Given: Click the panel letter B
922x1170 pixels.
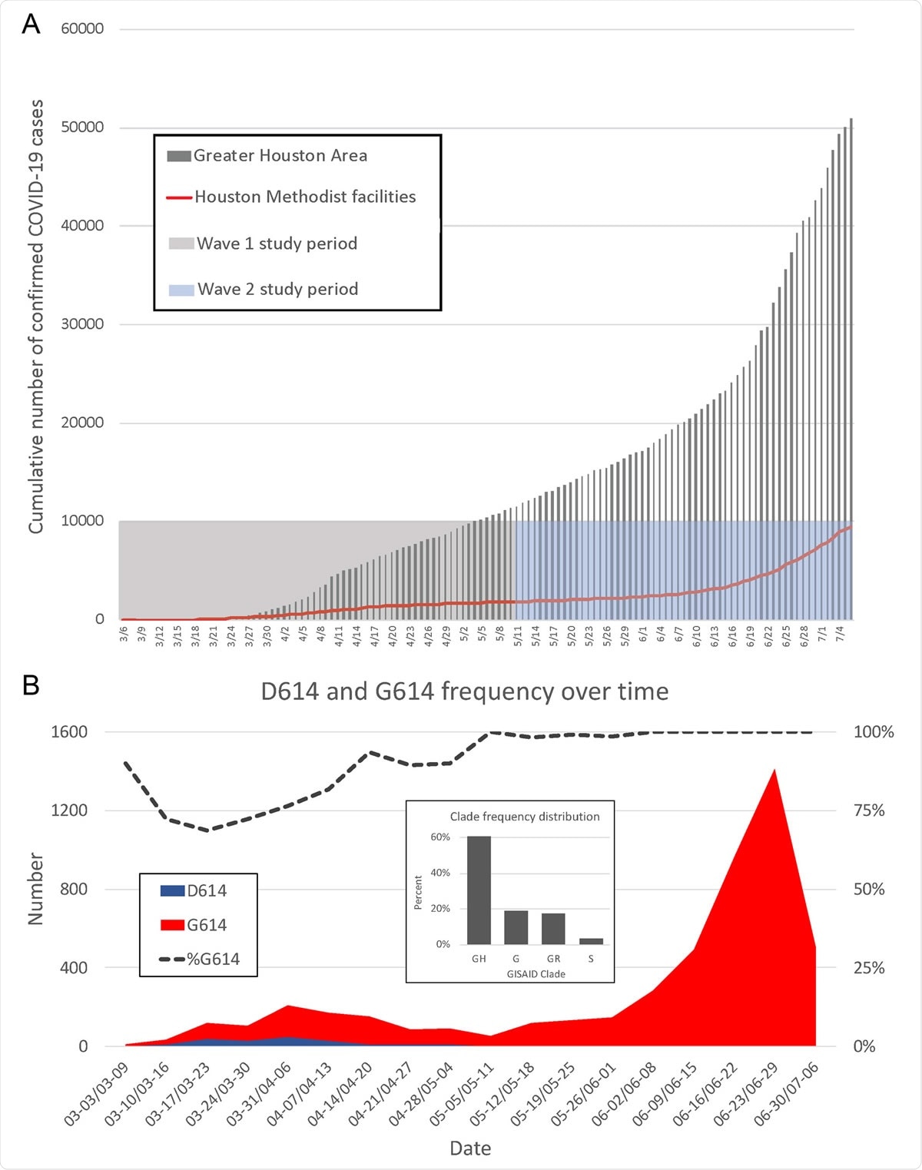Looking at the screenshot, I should pos(31,684).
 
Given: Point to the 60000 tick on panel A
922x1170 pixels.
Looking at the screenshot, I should pos(82,29).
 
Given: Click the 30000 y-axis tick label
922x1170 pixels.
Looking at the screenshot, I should pos(82,324).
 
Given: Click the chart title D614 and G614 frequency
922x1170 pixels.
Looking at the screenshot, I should pos(464,691).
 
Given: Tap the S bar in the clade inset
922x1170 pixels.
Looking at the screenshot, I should pos(591,941).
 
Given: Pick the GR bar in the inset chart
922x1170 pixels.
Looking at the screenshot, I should pos(553,928).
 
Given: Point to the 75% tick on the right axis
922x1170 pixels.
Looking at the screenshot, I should pos(869,810).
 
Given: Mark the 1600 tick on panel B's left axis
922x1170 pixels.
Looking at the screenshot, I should pos(69,732).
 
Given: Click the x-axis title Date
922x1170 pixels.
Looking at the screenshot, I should pos(470,1148).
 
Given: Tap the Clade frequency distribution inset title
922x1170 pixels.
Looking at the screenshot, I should pos(525,817).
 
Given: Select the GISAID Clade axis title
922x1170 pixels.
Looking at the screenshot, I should pos(536,974).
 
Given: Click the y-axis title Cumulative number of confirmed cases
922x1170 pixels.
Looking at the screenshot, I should pos(36,317).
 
